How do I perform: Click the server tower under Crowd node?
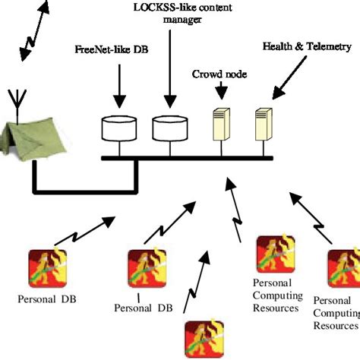(220, 125)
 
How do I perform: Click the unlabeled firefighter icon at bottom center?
(202, 339)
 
